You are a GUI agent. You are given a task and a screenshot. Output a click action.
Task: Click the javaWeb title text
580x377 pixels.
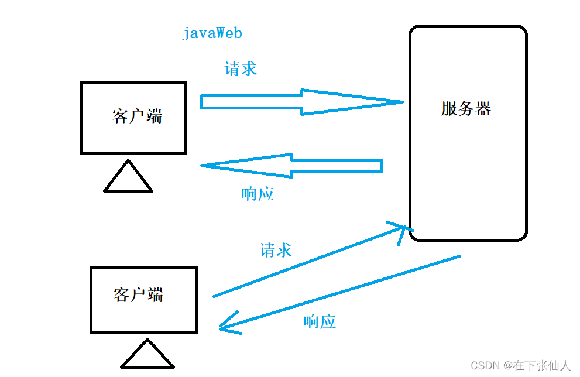pos(212,33)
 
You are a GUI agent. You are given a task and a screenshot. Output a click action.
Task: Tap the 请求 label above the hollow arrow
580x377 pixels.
pos(241,69)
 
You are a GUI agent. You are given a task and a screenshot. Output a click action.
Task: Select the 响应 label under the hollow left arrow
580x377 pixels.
pos(258,194)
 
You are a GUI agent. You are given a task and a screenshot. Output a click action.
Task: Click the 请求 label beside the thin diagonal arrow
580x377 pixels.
pos(275,251)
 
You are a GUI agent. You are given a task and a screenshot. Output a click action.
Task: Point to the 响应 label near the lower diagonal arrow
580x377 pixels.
pos(320,321)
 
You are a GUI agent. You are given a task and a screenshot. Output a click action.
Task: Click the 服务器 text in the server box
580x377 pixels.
pos(466,109)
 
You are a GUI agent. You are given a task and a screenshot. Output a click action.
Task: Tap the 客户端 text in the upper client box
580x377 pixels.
pos(137,116)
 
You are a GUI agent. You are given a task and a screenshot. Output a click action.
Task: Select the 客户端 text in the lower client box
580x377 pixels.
pos(138,294)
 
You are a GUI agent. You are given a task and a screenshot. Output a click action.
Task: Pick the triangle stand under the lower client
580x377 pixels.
pos(147,355)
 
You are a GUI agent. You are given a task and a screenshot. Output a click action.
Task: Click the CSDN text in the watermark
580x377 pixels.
pos(484,365)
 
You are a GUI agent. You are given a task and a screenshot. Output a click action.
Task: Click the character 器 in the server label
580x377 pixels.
pos(483,109)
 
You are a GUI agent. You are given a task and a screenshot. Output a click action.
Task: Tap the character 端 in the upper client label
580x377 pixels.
pos(154,116)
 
